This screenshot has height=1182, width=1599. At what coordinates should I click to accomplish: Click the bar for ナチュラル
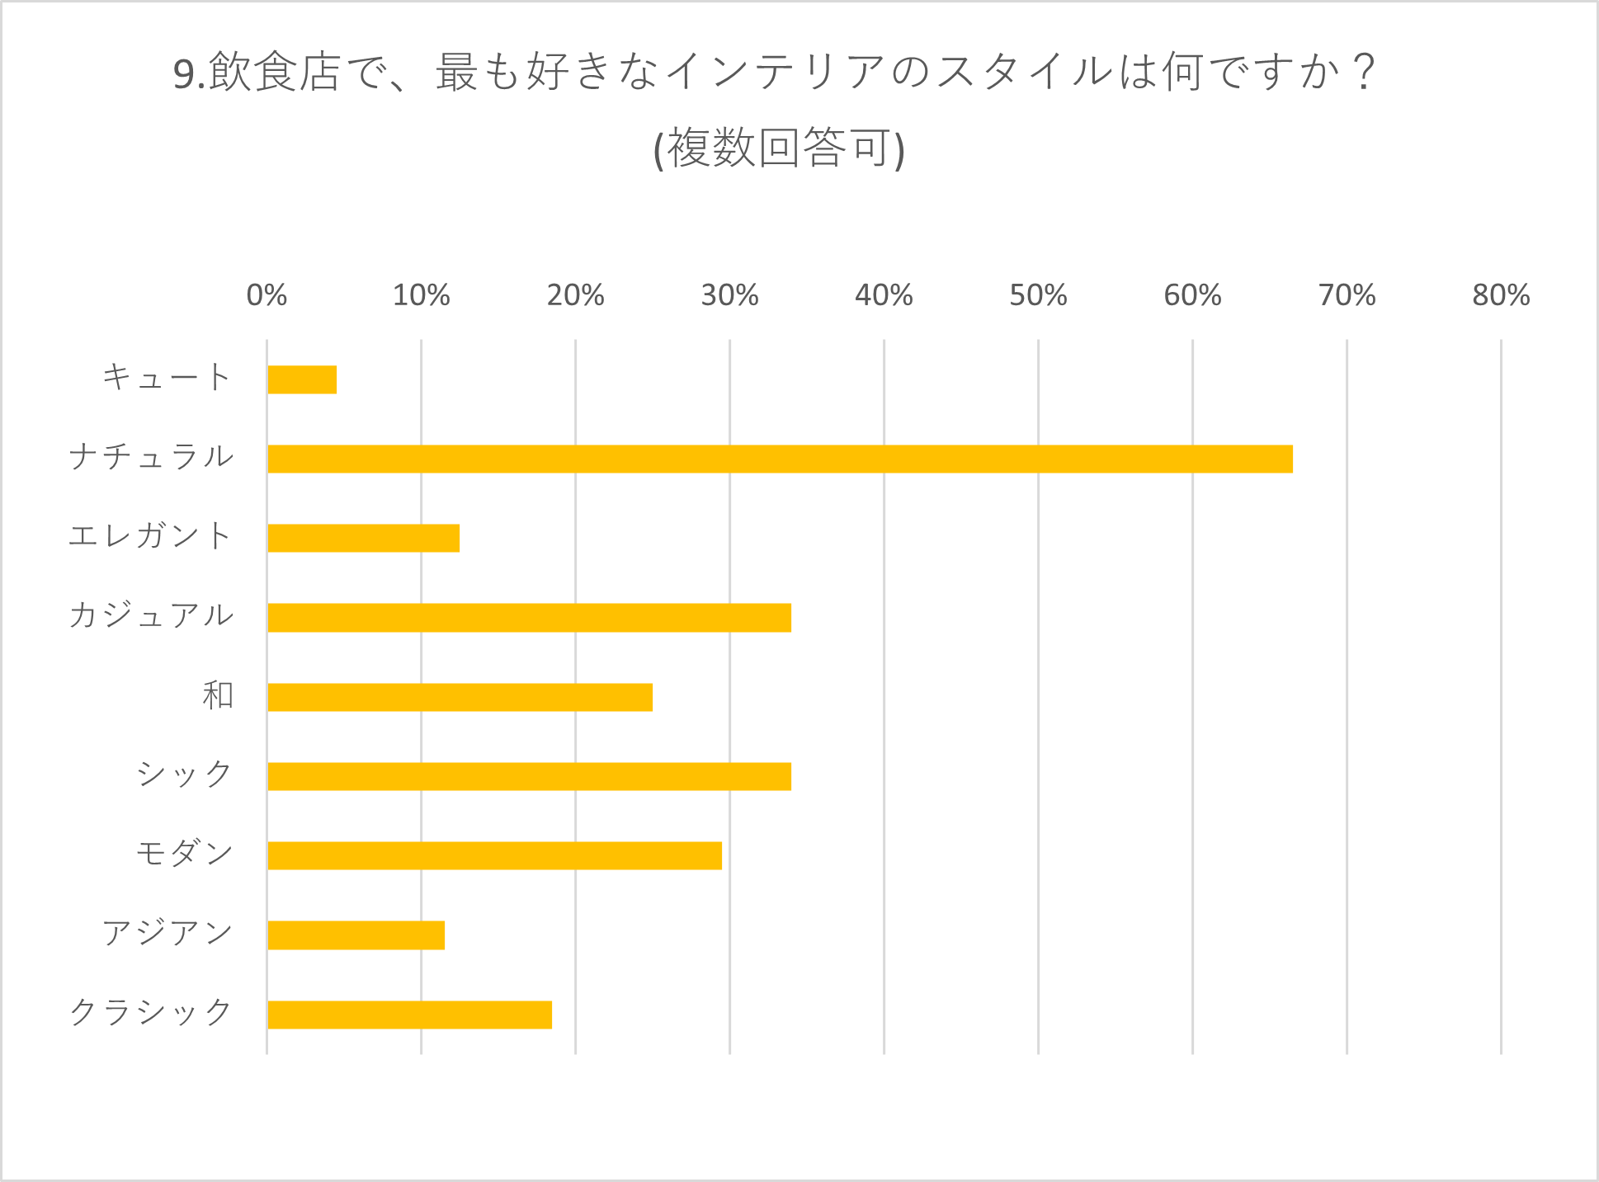[780, 459]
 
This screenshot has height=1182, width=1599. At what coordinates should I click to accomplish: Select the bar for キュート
[302, 379]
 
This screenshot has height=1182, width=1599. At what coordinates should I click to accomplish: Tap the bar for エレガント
[363, 538]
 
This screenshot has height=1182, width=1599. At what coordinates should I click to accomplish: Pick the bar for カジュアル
[529, 618]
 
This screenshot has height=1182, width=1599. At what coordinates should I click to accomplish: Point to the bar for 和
[460, 697]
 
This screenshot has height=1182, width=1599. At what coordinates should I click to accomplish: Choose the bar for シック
[529, 776]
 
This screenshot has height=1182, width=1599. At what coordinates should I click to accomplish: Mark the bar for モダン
[494, 855]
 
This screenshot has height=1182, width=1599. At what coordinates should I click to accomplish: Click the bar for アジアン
[356, 935]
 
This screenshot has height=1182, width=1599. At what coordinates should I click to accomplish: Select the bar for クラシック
[409, 1015]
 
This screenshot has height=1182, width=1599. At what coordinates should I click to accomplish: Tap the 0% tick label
[266, 295]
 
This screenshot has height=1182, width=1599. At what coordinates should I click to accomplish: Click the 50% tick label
[1038, 295]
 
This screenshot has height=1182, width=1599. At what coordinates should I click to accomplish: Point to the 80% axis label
[1501, 295]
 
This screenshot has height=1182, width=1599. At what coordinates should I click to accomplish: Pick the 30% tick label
[729, 295]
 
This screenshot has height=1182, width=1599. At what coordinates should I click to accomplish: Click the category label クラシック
[151, 1012]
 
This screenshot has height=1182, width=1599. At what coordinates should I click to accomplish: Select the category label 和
[218, 695]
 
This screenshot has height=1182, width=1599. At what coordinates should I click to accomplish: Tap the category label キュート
[167, 378]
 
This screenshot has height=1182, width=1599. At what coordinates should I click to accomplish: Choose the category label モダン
[185, 854]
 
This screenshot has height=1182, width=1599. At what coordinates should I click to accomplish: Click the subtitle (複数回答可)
[779, 149]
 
